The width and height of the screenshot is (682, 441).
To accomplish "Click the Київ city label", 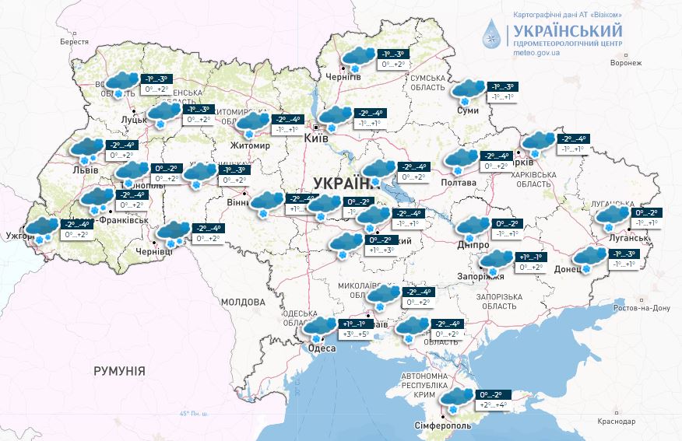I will (x=316, y=138).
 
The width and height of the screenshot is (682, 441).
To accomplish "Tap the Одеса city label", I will (x=322, y=348).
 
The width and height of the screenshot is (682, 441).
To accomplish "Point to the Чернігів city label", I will (x=343, y=77).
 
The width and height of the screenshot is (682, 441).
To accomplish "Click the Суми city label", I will (x=467, y=111).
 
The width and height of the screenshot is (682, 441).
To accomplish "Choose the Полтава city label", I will (x=459, y=182).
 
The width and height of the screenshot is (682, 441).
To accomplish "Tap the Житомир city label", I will (x=249, y=145).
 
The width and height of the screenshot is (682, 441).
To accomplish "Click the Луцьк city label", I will (x=135, y=120).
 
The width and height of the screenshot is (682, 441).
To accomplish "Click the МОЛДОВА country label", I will (x=243, y=302).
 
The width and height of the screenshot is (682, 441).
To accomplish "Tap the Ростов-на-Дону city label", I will (x=642, y=308).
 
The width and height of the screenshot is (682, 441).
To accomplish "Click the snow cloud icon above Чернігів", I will (x=358, y=57).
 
